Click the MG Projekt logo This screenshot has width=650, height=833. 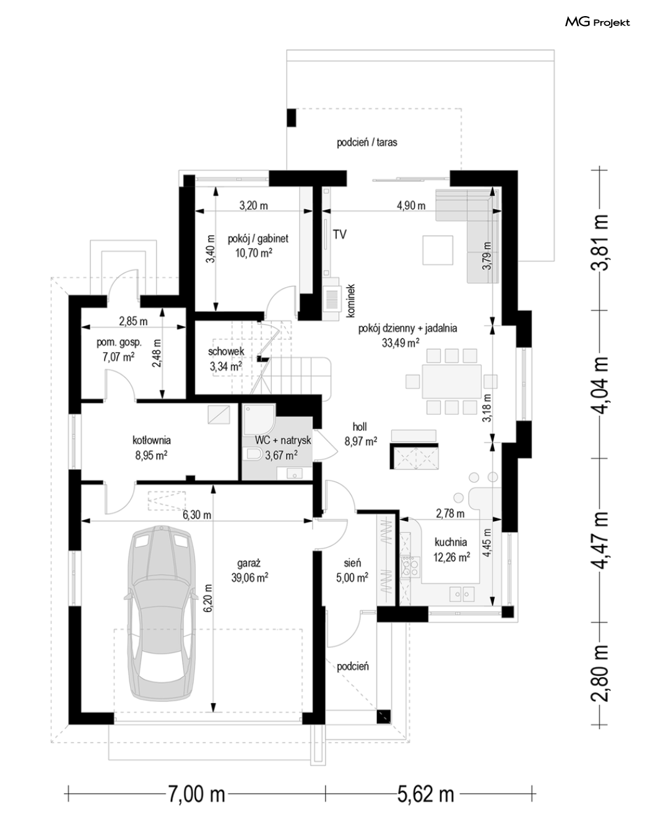(597, 22)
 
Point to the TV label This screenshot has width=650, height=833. (339, 234)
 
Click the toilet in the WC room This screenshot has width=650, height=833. (254, 455)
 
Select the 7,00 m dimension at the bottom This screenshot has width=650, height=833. (196, 794)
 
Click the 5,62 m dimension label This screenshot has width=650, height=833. (425, 794)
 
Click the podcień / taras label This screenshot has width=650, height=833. (367, 142)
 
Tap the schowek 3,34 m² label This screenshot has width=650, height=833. (225, 359)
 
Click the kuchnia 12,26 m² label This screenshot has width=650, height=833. (451, 550)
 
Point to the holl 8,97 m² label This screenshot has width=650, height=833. (360, 434)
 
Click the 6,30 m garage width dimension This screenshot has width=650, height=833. (197, 515)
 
